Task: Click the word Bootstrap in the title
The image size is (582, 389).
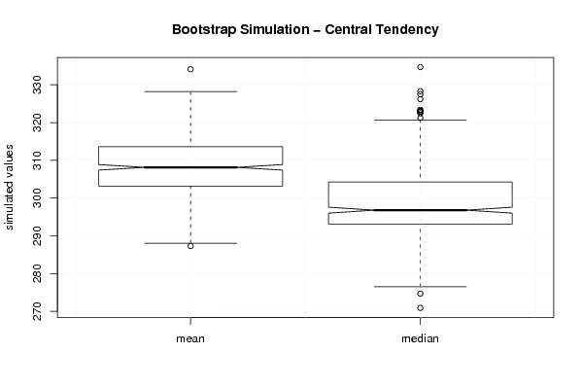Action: pyautogui.click(x=204, y=30)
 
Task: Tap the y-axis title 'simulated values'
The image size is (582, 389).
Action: pyautogui.click(x=9, y=188)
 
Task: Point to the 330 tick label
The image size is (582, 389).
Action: pyautogui.click(x=38, y=85)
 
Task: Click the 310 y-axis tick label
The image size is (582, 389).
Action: pyautogui.click(x=38, y=160)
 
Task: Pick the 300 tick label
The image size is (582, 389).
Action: pyautogui.click(x=38, y=198)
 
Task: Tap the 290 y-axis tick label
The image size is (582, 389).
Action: pyautogui.click(x=38, y=236)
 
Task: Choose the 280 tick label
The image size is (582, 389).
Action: pyautogui.click(x=38, y=273)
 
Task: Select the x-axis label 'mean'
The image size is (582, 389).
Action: pyautogui.click(x=190, y=338)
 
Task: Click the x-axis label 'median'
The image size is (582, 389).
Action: pyautogui.click(x=420, y=338)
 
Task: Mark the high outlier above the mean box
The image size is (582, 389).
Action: pyautogui.click(x=190, y=69)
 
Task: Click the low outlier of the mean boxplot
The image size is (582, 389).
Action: pyautogui.click(x=190, y=246)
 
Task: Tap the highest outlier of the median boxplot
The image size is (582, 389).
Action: pyautogui.click(x=420, y=67)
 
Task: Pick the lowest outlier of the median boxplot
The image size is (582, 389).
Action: pyautogui.click(x=420, y=308)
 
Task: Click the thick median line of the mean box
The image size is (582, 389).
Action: pyautogui.click(x=190, y=167)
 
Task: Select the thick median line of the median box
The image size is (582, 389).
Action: pyautogui.click(x=420, y=210)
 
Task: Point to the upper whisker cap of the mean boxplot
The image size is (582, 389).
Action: pyautogui.click(x=190, y=91)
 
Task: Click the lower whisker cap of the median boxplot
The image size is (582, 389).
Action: pyautogui.click(x=420, y=287)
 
